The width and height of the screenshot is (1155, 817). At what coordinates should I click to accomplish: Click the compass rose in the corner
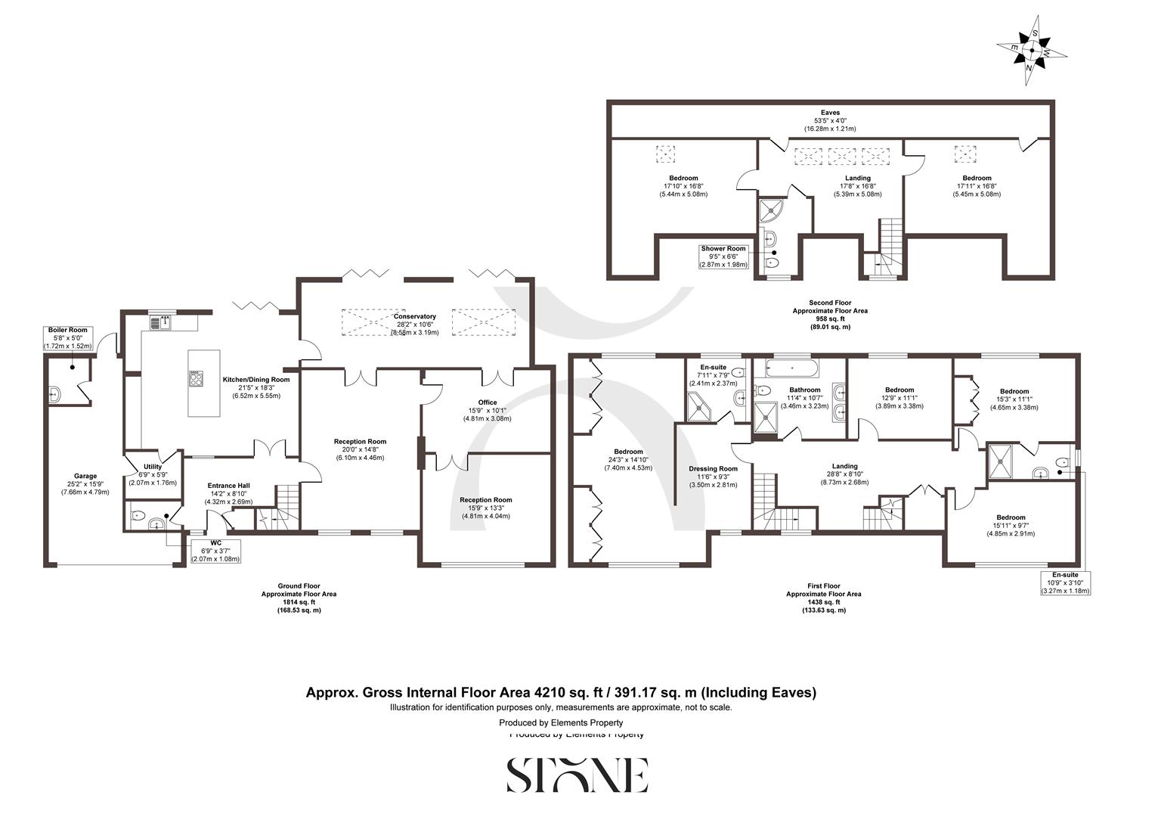(1032, 51)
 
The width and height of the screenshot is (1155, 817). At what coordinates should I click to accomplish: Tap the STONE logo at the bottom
(577, 775)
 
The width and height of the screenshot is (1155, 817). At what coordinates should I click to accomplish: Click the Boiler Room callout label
(68, 338)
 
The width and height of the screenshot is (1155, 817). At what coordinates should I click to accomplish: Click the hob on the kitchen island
(196, 378)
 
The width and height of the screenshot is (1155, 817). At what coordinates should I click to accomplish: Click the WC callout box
(215, 551)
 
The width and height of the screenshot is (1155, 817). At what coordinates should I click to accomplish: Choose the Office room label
(488, 410)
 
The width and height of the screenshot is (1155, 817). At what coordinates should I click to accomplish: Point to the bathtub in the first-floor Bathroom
(791, 368)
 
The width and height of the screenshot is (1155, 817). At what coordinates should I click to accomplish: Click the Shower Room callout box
(723, 256)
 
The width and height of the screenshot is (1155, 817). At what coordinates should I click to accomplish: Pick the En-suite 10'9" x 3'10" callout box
(1065, 582)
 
